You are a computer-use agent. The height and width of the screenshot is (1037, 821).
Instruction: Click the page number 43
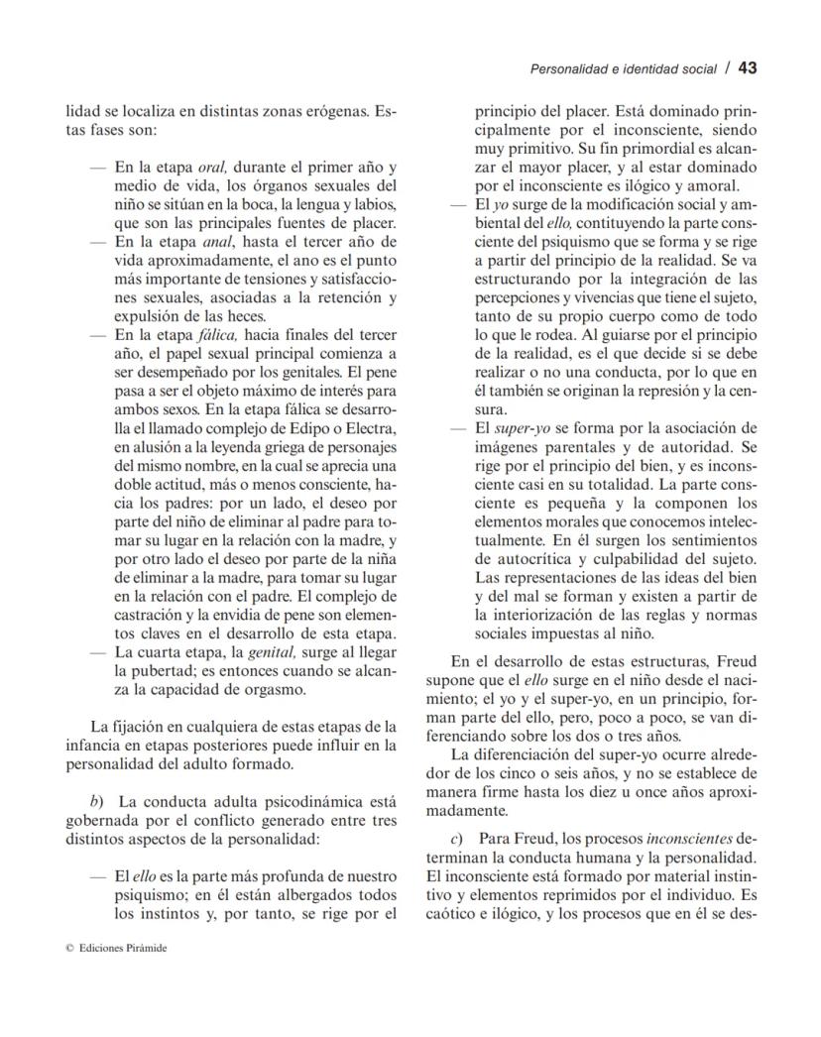click(748, 68)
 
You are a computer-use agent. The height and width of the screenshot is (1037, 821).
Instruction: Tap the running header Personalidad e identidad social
click(623, 69)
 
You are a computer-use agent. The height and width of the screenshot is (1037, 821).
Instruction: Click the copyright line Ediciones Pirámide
click(115, 948)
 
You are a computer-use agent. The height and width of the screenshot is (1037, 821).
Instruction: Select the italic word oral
click(212, 168)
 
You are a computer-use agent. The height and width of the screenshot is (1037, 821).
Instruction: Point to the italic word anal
click(215, 240)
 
